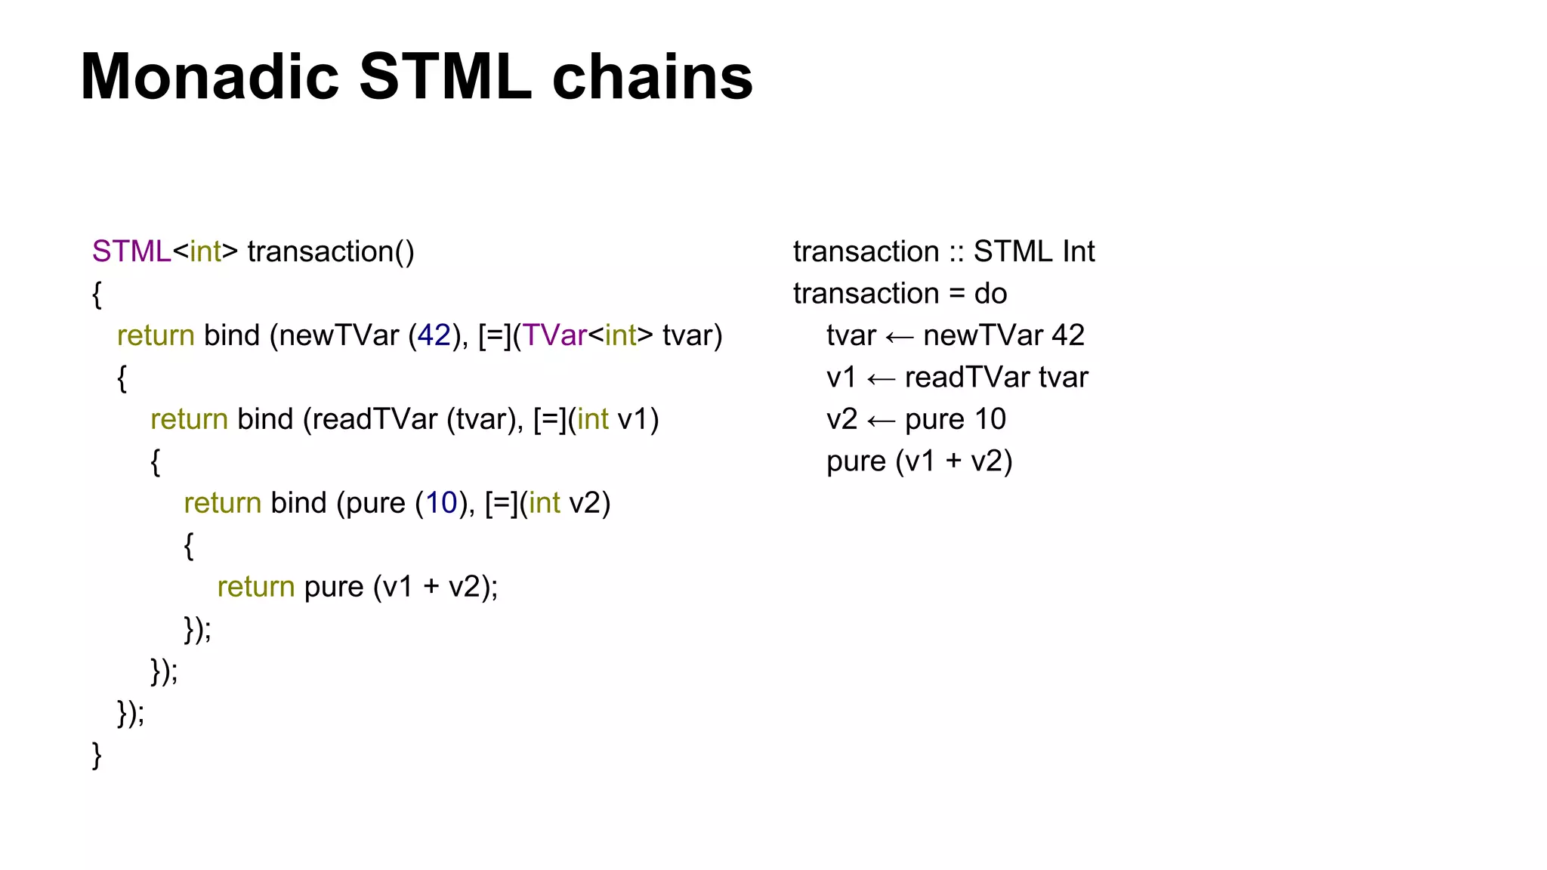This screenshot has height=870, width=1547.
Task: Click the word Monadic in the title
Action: click(x=210, y=77)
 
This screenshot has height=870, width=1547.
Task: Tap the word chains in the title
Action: click(x=653, y=77)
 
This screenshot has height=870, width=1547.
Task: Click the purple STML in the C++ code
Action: click(x=131, y=251)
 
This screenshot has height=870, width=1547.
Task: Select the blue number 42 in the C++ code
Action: click(x=434, y=335)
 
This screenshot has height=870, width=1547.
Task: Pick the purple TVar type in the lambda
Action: click(x=554, y=335)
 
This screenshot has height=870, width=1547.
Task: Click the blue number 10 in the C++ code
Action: click(x=441, y=503)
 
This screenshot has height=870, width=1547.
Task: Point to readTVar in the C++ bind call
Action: click(x=374, y=419)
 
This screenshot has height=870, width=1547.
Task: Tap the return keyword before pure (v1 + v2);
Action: click(x=255, y=587)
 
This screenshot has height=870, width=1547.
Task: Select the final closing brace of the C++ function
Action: click(x=97, y=754)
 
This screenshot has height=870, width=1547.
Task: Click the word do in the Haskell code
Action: click(x=990, y=294)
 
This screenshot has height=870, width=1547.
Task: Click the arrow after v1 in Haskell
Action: click(x=881, y=378)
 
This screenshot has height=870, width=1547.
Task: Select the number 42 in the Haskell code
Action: click(x=1067, y=335)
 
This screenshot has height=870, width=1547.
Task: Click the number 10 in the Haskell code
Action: click(x=990, y=419)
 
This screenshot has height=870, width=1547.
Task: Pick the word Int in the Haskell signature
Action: click(x=1078, y=251)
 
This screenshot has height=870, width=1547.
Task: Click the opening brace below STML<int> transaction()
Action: click(x=97, y=295)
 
